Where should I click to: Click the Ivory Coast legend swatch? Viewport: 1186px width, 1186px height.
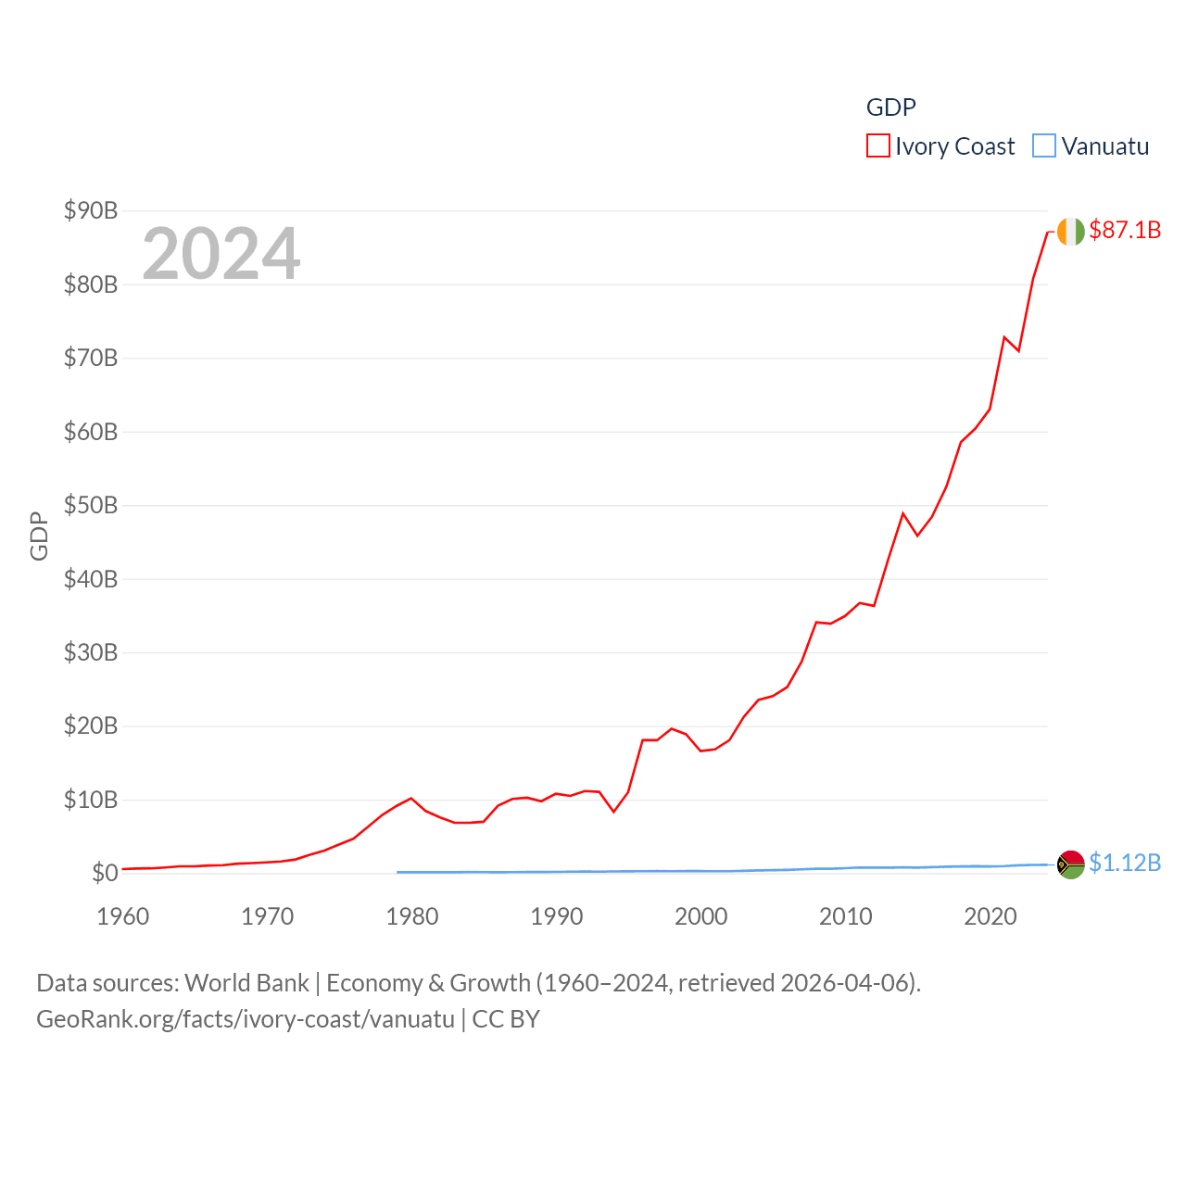pos(877,146)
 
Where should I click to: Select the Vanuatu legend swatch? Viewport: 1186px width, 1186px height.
pos(1044,146)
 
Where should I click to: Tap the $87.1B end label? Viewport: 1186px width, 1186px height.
pos(1125,230)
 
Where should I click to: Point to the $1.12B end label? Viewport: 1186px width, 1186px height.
pos(1125,863)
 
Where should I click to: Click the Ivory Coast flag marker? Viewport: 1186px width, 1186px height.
pos(1070,232)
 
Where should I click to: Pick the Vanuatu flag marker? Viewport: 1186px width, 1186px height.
pos(1070,864)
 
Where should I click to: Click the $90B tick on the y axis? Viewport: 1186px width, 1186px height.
pos(91,210)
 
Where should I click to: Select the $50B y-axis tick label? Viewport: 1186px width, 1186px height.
pos(91,505)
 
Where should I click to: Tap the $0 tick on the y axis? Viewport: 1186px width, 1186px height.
pos(105,873)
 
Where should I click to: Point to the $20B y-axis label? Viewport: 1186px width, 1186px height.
pos(91,725)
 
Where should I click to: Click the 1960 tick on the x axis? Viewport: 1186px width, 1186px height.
pos(123,916)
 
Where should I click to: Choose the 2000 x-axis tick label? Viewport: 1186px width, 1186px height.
pos(701,916)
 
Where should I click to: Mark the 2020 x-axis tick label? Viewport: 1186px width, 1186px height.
pos(990,916)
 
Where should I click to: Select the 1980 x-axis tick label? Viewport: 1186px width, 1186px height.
pos(412,916)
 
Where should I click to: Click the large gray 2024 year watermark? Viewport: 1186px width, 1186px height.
pos(221,253)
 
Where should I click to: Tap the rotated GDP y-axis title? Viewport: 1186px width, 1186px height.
pos(39,536)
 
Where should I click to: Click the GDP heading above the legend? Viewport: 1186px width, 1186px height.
pos(890,107)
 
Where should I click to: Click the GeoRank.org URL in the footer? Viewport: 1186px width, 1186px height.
pos(246,1019)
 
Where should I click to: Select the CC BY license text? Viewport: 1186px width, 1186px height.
pos(506,1019)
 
